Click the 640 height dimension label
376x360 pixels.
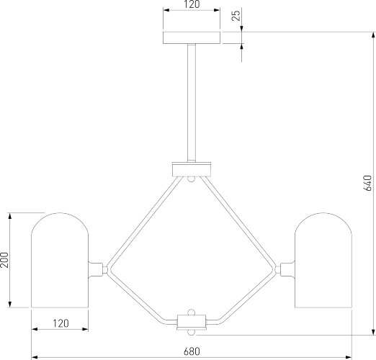click(x=367, y=183)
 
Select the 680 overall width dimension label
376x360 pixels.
click(x=192, y=351)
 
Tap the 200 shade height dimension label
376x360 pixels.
click(x=4, y=260)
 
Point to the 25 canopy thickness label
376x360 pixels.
click(x=236, y=15)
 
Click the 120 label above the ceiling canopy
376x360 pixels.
click(x=192, y=4)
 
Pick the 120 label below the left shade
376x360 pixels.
click(x=61, y=323)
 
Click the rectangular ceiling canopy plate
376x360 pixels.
click(x=192, y=37)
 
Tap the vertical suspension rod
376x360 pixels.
click(x=192, y=103)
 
